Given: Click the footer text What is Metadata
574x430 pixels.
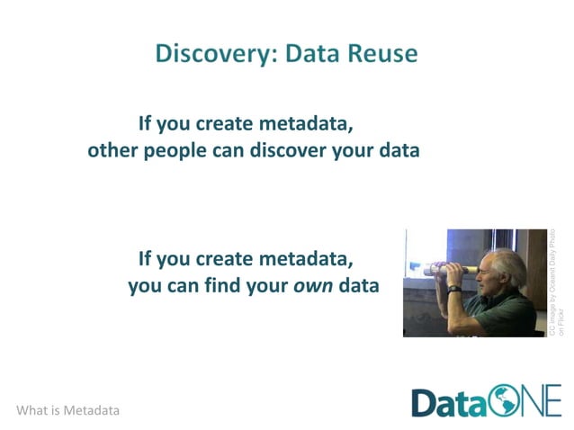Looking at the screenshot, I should pos(67,410).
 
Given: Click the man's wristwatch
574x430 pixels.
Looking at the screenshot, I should pos(455,289).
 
